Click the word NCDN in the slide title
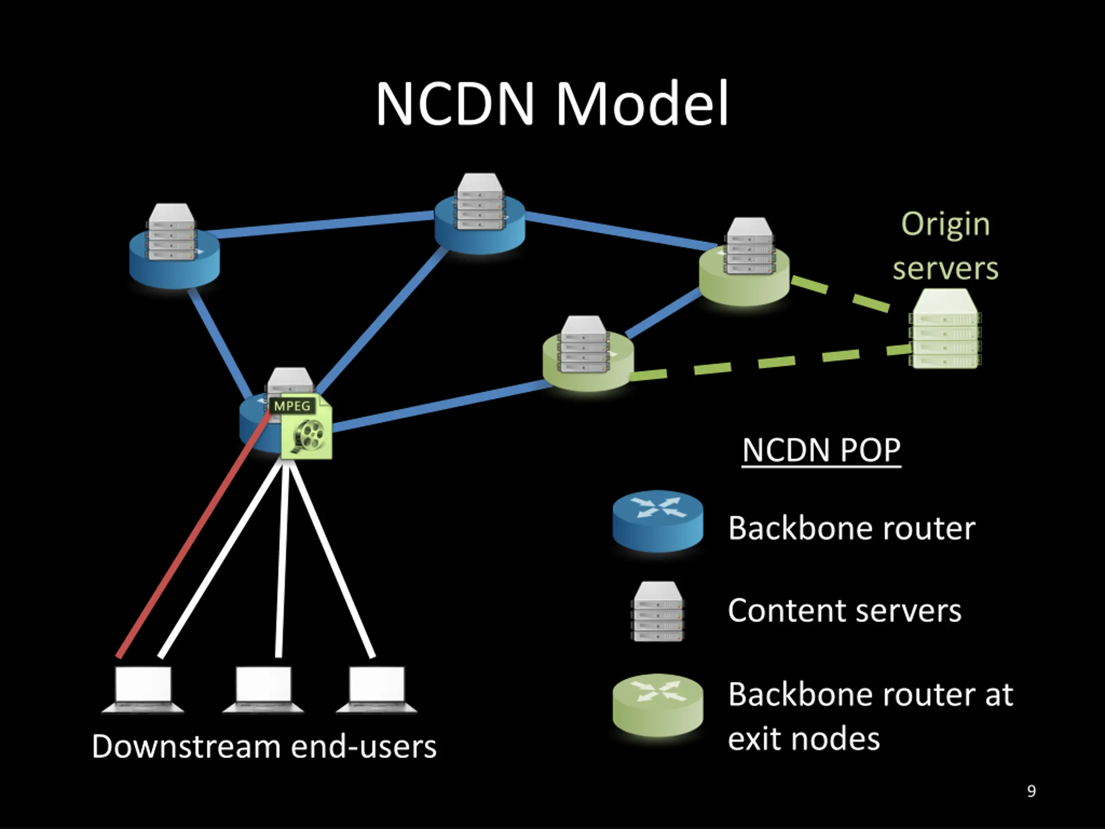(x=455, y=104)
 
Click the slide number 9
(x=1031, y=791)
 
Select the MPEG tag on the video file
(x=292, y=406)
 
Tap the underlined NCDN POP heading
(x=821, y=450)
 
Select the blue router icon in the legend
(x=658, y=521)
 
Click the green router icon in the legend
(x=658, y=705)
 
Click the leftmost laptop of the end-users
(x=143, y=689)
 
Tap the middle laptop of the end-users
(x=263, y=689)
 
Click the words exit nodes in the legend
(x=803, y=739)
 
